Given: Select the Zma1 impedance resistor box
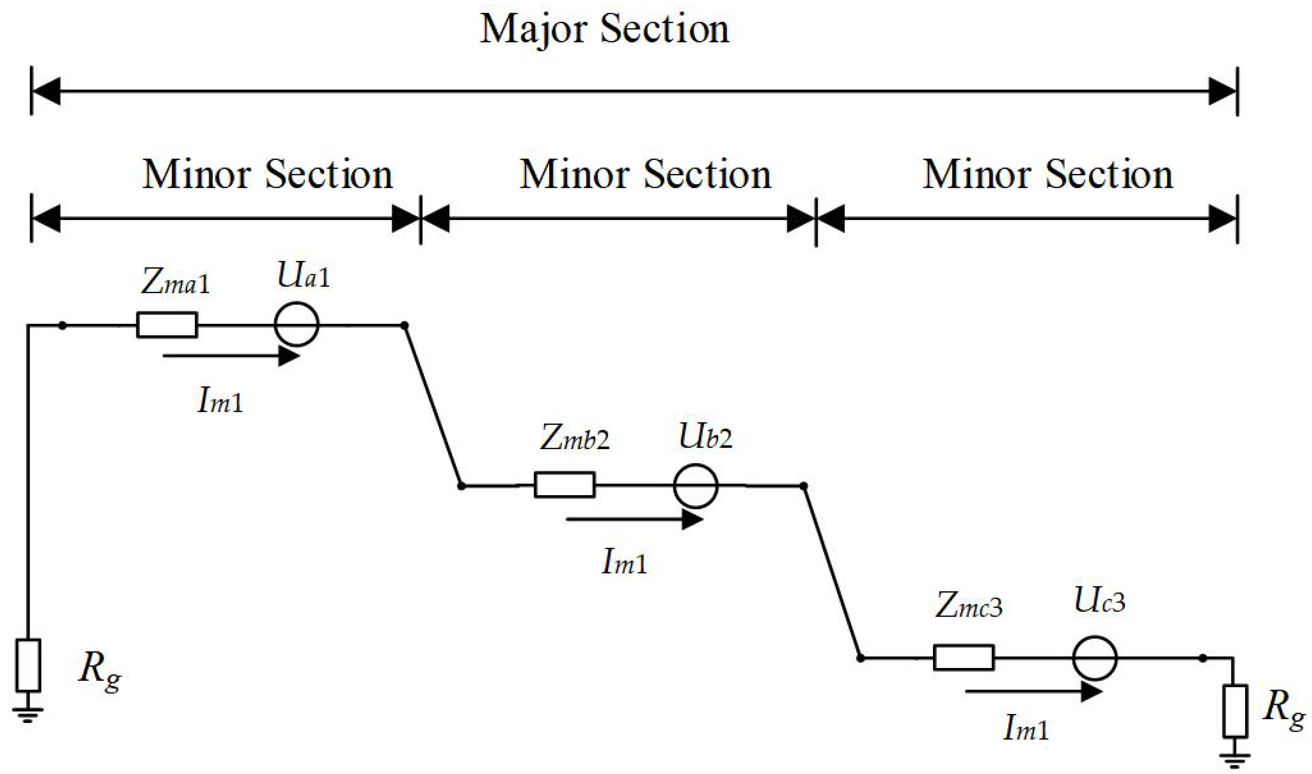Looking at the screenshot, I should (x=167, y=325).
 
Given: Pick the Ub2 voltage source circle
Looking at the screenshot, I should (x=695, y=486).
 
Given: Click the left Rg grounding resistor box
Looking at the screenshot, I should (x=28, y=665).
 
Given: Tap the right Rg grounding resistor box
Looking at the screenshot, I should (x=1235, y=711).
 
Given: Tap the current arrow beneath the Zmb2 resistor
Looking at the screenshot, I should (x=634, y=519).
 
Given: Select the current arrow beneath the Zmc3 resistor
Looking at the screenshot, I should (x=1033, y=692).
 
